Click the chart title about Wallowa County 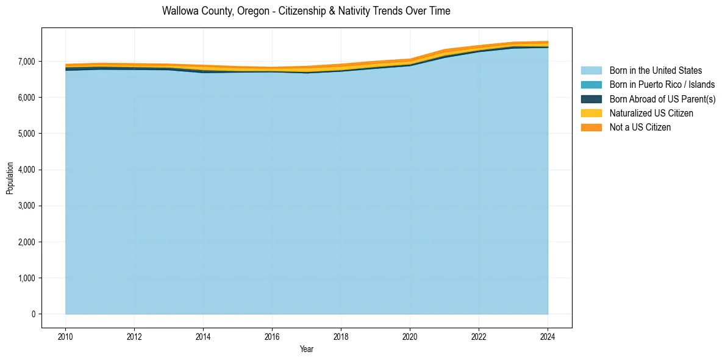click(306, 11)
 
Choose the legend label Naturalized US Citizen click(651, 113)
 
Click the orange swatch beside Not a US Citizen click(591, 128)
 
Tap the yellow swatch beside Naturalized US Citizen click(591, 113)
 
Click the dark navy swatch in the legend click(591, 99)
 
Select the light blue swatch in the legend click(591, 71)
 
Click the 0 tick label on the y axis click(34, 314)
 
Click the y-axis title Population click(10, 178)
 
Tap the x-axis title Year click(306, 349)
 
